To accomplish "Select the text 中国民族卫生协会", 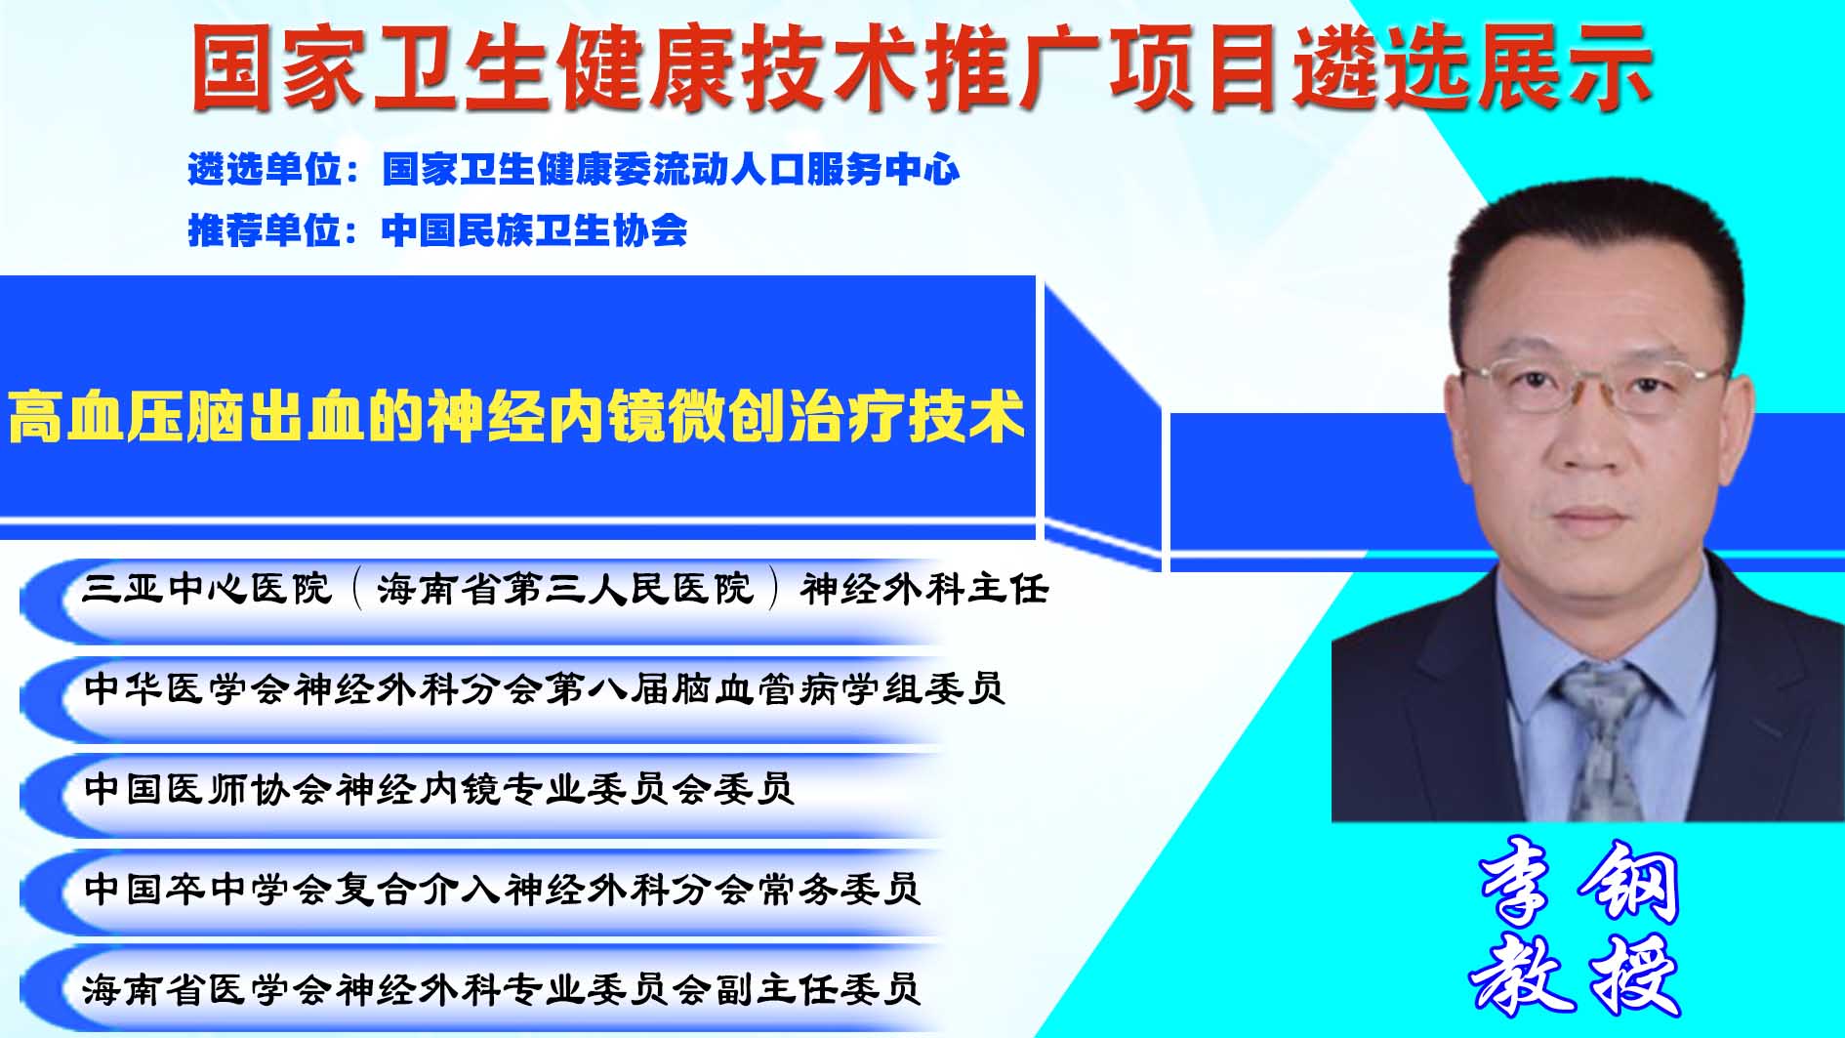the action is [x=535, y=230].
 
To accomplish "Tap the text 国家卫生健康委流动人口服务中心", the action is [x=671, y=170].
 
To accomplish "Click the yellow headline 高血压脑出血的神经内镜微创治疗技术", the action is [x=517, y=417].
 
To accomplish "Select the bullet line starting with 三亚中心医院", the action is [x=565, y=589].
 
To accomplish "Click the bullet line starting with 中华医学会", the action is [x=544, y=689].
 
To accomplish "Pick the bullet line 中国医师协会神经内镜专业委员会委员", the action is [x=438, y=789].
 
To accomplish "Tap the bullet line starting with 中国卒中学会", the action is [x=502, y=890].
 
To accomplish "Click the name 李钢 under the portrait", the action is [x=1578, y=882].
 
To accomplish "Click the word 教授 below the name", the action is [x=1575, y=975].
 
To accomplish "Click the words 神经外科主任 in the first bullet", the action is [x=925, y=589].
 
